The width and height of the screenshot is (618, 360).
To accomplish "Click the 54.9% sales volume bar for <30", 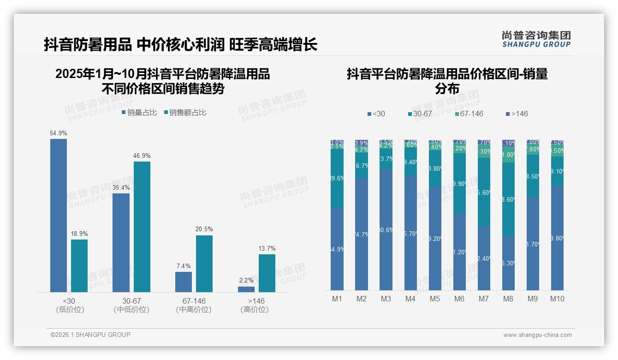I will (x=59, y=215).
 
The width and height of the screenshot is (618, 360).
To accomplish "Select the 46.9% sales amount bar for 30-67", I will (x=142, y=227).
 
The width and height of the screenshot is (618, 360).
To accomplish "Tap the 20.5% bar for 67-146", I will (x=204, y=264).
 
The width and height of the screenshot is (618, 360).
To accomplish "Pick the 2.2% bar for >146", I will (x=246, y=289).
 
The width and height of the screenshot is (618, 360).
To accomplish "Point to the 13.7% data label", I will (x=267, y=249).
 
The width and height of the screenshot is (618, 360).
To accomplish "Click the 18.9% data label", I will (x=79, y=234).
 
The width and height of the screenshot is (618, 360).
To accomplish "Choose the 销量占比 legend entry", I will (x=139, y=113).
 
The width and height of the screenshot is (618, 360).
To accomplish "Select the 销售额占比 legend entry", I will (x=185, y=113).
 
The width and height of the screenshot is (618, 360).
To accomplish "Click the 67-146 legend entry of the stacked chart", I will (x=468, y=114).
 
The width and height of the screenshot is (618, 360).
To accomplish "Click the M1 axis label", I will (x=337, y=299).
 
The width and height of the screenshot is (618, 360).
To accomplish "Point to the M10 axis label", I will (x=557, y=299).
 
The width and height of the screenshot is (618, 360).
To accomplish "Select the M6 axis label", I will (x=459, y=299).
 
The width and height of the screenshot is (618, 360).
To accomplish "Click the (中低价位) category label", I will (x=131, y=310).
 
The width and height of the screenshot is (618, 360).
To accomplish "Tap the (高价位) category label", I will (x=255, y=310).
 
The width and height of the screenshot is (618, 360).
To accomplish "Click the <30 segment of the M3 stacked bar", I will (x=386, y=229).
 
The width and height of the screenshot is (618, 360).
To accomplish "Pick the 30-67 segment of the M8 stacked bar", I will (x=508, y=199).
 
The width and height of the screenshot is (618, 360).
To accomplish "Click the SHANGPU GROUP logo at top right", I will (x=536, y=39).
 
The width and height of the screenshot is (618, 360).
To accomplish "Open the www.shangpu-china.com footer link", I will (x=537, y=335).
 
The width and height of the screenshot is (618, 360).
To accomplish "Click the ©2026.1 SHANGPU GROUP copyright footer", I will (x=90, y=335).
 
